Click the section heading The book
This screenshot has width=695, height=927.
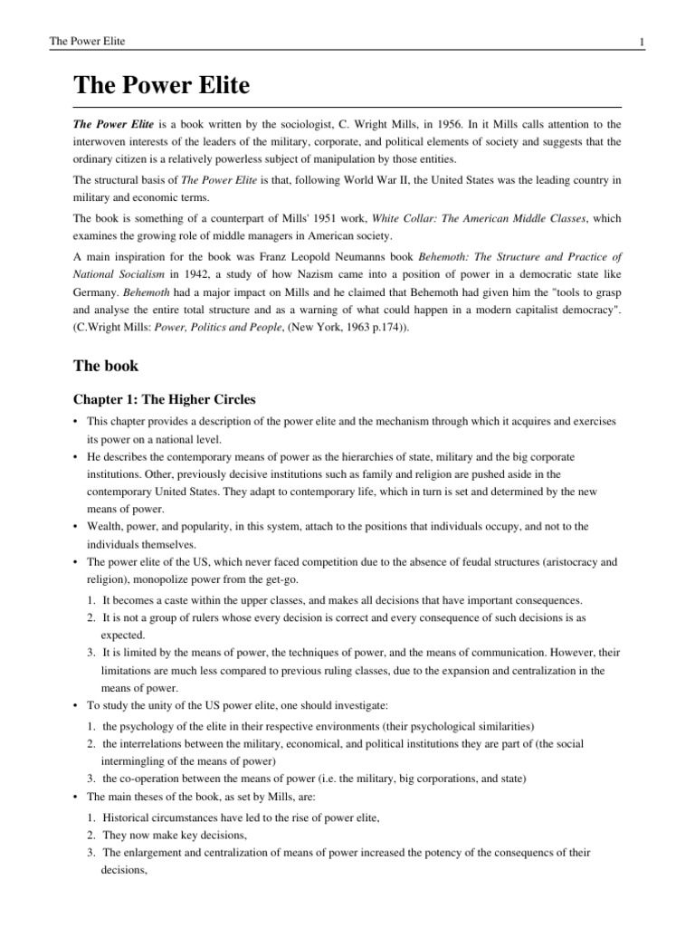click(106, 367)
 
